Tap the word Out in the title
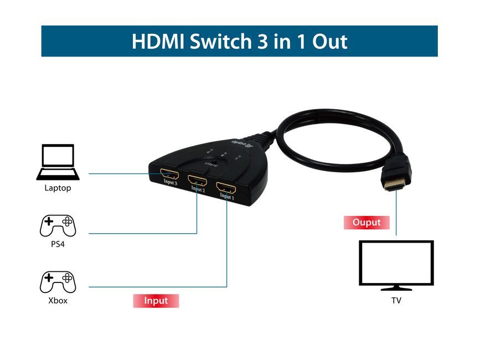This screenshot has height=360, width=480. click(x=328, y=42)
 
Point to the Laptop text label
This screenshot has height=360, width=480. click(x=58, y=188)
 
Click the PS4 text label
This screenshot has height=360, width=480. click(x=58, y=244)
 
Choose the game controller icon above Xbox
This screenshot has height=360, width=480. click(x=58, y=281)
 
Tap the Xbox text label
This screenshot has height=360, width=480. click(x=58, y=301)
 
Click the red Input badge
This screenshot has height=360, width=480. click(x=156, y=301)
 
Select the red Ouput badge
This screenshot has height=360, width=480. click(x=367, y=223)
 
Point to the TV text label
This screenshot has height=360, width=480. click(x=396, y=301)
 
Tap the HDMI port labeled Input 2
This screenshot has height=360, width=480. click(x=198, y=181)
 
